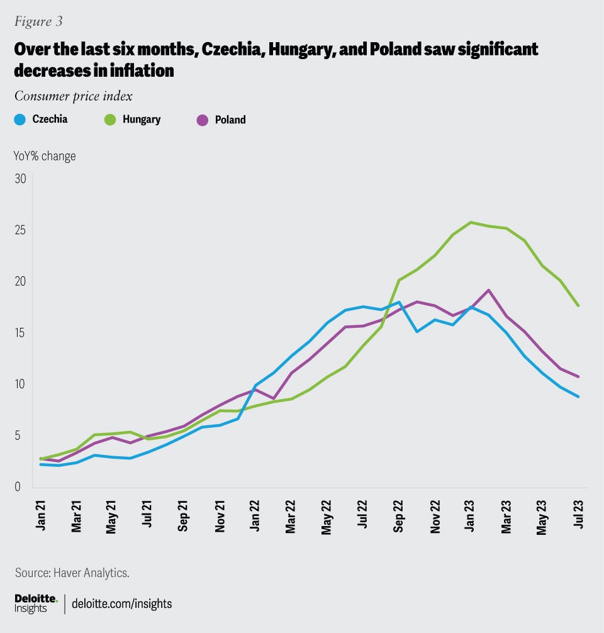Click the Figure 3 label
tap(38, 21)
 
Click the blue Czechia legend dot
tap(20, 120)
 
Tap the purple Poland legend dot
tap(203, 120)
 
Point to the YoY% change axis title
tap(45, 156)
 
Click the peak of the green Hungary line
tap(470, 222)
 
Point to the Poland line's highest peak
tap(488, 290)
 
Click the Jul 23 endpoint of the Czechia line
tap(578, 396)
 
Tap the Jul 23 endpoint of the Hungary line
tap(578, 306)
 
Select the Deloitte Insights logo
tap(36, 603)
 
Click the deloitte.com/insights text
tap(123, 603)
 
